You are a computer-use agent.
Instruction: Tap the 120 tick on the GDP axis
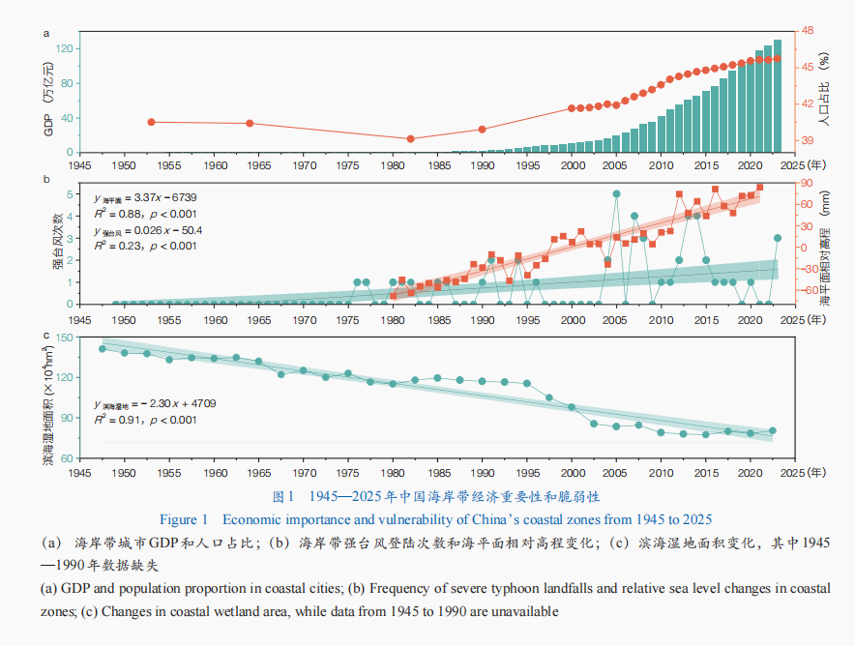tap(67, 47)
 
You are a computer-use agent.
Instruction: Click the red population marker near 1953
tap(151, 122)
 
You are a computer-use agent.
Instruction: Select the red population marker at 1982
tap(410, 139)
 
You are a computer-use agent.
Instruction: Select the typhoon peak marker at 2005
tap(616, 194)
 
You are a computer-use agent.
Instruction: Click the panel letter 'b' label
tap(45, 179)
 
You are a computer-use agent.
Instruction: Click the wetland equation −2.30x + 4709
tap(150, 404)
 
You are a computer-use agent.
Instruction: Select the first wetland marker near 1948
tap(103, 348)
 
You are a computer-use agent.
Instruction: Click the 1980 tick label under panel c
tap(392, 473)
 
